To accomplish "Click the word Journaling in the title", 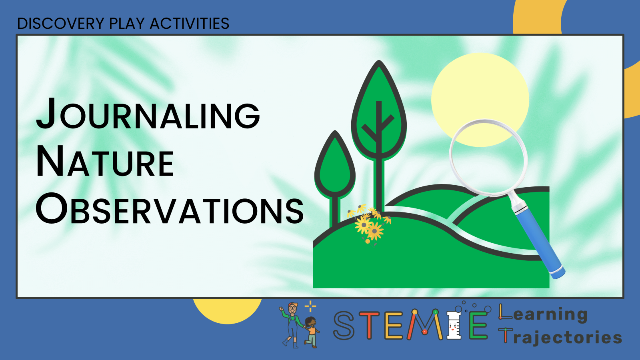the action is point(148,114).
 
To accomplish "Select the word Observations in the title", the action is point(170,208).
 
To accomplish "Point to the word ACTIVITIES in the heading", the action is point(190,24).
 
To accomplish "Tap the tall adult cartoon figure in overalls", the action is point(292,324).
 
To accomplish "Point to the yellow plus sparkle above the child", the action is point(310,306).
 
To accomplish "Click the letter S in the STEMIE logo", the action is point(344,325).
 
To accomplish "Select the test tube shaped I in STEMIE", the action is point(454,325).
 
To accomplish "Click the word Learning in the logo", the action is point(543,314).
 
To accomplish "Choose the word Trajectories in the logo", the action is point(560,337).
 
